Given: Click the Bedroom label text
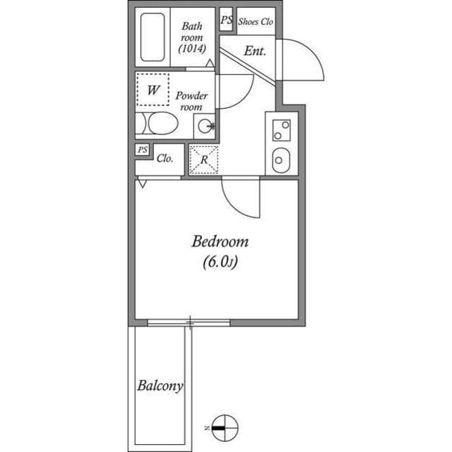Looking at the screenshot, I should [x=220, y=241].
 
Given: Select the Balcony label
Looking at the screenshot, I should [x=160, y=386].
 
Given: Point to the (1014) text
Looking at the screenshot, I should [x=191, y=50].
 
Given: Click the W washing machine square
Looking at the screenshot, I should [x=153, y=90].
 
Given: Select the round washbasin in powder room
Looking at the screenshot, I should [x=205, y=127].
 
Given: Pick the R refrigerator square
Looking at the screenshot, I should [x=204, y=159].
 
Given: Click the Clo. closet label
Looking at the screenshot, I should [x=165, y=158].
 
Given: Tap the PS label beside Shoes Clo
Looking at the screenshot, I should [x=226, y=21].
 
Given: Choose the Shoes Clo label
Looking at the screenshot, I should [x=255, y=21].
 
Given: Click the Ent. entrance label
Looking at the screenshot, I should [x=254, y=51].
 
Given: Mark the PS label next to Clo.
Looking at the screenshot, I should [x=143, y=150].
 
